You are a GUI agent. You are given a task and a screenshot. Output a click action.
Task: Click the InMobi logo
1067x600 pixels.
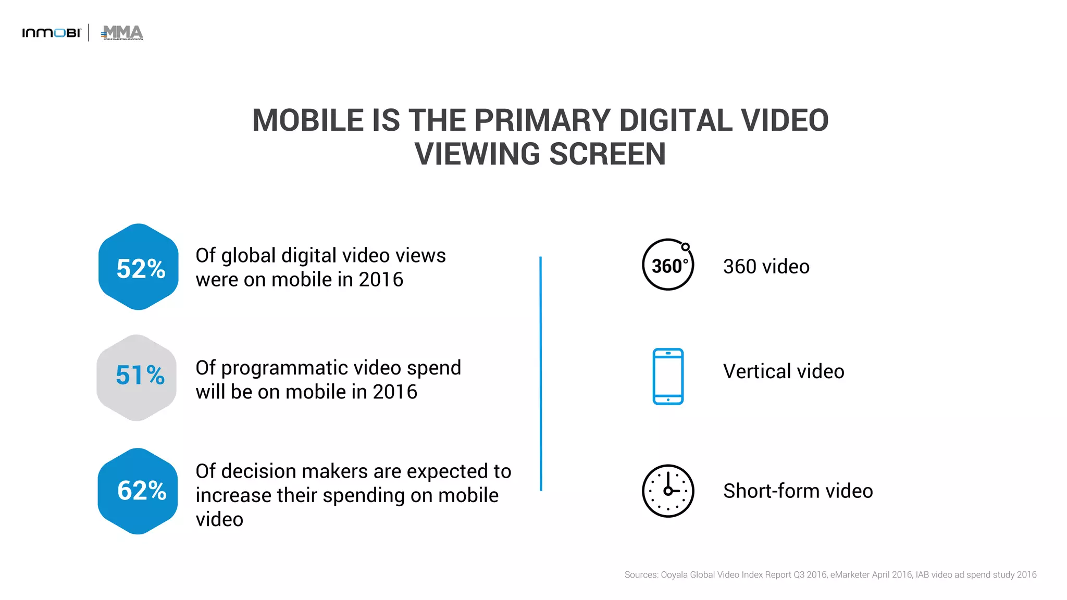[52, 33]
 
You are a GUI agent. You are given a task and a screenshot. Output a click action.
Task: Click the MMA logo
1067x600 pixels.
[122, 32]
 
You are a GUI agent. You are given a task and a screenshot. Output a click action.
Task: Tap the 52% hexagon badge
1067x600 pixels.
[139, 267]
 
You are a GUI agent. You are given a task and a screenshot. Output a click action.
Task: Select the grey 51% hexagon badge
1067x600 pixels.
[137, 378]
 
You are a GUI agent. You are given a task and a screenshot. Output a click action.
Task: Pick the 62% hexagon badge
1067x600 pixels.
[138, 491]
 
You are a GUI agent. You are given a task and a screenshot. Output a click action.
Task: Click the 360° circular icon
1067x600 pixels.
[668, 265]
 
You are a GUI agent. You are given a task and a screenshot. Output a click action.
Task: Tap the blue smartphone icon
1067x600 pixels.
[668, 376]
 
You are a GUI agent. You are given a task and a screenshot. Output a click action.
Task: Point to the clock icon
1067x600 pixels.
[668, 491]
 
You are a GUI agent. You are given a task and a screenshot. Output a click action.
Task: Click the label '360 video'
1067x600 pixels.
[766, 267]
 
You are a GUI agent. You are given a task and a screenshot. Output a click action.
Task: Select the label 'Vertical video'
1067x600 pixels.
[784, 372]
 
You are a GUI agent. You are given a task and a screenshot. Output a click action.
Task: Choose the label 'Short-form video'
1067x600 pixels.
[798, 491]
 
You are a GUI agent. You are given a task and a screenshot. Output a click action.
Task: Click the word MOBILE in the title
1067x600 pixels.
[308, 120]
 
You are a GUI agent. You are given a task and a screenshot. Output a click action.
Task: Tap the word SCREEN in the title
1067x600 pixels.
[607, 154]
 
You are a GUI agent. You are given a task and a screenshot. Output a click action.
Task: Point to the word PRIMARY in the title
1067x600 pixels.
[542, 120]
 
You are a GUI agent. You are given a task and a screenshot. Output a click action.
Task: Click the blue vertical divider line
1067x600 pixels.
[541, 373]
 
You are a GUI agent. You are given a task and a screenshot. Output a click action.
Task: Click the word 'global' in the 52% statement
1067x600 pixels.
[249, 256]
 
